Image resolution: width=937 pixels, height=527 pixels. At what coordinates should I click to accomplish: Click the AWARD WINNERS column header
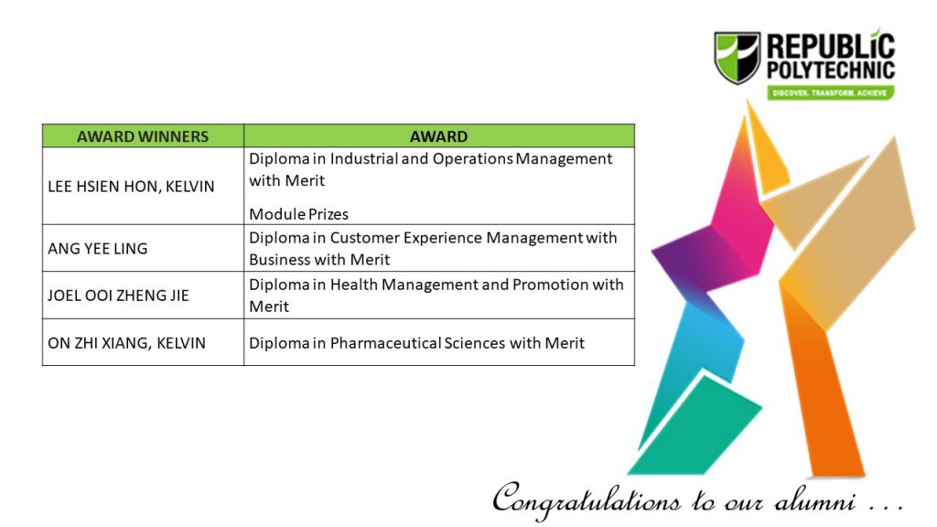(x=143, y=136)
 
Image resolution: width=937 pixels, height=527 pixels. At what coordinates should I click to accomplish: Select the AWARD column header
(x=438, y=136)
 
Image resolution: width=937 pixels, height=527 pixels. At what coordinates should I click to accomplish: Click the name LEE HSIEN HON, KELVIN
(x=131, y=187)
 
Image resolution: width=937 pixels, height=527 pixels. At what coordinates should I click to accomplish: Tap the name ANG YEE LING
(x=97, y=249)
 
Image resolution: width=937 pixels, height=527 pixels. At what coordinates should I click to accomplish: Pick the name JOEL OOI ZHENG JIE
(x=118, y=296)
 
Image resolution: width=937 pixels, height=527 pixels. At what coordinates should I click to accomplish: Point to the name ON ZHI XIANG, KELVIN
(x=126, y=343)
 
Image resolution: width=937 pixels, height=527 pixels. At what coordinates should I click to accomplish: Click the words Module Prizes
(x=299, y=214)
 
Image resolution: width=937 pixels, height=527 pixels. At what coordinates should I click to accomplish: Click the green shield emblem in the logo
(x=738, y=58)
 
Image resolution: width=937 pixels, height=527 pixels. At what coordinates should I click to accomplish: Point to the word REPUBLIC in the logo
(x=831, y=46)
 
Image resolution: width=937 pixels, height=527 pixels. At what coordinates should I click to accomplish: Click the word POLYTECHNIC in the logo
(x=831, y=70)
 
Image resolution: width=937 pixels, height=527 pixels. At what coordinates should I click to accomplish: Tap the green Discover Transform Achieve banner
(x=830, y=92)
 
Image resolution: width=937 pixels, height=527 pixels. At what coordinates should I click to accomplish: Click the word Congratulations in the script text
(x=587, y=500)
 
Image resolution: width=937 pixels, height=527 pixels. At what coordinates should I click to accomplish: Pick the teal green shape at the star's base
(x=695, y=428)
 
